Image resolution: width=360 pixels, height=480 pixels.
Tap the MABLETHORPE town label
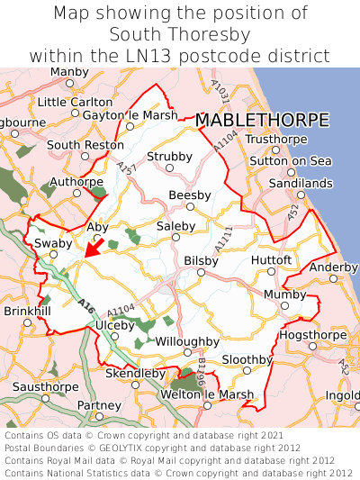261,120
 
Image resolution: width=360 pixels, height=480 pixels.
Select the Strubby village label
170,157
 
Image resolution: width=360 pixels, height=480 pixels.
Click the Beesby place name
190,195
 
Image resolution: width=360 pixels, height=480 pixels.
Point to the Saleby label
175,226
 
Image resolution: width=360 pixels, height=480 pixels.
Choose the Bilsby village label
201,260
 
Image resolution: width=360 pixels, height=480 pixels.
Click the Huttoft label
272,260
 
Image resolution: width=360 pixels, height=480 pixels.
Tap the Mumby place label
285,294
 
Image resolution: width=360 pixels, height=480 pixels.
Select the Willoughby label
187,341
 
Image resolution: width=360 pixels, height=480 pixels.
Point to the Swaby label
52,243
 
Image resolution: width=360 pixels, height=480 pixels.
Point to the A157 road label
127,168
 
